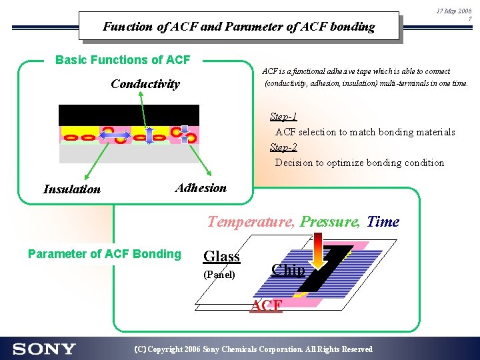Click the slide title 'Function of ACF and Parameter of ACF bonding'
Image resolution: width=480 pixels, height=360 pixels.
[x=239, y=27]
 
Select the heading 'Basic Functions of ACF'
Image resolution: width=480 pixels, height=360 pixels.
[x=123, y=60]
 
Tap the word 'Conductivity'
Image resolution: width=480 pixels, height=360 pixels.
[x=145, y=84]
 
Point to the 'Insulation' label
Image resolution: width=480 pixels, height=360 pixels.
[x=71, y=189]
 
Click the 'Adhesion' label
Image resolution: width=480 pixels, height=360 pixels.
[x=201, y=188]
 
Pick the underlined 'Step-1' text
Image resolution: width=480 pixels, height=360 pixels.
[x=283, y=117]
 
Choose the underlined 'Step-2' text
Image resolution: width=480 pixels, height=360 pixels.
[x=283, y=147]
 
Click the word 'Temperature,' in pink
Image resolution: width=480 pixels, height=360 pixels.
[x=251, y=222]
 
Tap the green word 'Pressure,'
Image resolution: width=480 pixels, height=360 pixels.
[x=330, y=222]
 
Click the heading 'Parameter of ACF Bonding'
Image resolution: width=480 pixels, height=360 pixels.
[x=104, y=254]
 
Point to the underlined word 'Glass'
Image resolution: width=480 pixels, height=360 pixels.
[x=221, y=257]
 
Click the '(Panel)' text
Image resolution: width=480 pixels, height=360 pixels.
[x=219, y=275]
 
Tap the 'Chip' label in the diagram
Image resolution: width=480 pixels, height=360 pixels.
[x=288, y=270]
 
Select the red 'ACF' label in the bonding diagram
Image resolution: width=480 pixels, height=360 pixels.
[x=266, y=306]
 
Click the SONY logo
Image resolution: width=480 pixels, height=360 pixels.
[x=44, y=349]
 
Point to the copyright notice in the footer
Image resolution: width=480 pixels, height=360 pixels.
[x=253, y=349]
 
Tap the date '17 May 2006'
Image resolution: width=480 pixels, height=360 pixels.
[x=453, y=11]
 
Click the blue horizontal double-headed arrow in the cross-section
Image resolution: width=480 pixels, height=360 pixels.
[x=114, y=135]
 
